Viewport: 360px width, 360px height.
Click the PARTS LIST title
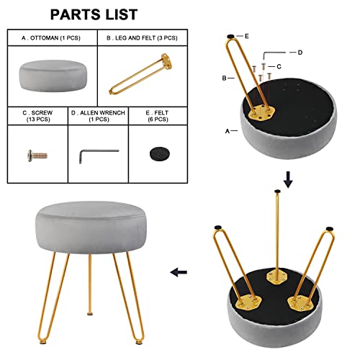[x=94, y=14]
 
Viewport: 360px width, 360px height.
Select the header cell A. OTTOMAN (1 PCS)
[x=51, y=38]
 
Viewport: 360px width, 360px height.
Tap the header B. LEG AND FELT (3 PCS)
[x=142, y=38]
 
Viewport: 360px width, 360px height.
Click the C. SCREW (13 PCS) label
[x=38, y=116]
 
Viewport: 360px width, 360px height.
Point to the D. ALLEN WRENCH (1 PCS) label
[x=98, y=116]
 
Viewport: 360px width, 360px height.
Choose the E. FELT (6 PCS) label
[x=158, y=116]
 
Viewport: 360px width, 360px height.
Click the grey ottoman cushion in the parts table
[x=53, y=76]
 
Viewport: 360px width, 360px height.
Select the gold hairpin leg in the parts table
[x=142, y=74]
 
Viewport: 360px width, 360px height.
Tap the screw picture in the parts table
[x=37, y=156]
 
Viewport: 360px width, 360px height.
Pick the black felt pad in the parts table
[x=159, y=154]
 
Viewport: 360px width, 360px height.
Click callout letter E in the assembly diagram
[x=247, y=36]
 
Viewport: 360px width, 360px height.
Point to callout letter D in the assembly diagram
[x=300, y=53]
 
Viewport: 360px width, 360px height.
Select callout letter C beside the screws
[x=279, y=66]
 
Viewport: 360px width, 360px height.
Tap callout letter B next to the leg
[x=224, y=78]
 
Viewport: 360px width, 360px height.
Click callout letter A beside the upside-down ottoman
[x=228, y=131]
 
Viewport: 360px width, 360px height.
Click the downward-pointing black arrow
[x=288, y=179]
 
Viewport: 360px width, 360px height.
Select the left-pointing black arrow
[x=179, y=272]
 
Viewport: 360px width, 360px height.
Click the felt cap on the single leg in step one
[x=230, y=37]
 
